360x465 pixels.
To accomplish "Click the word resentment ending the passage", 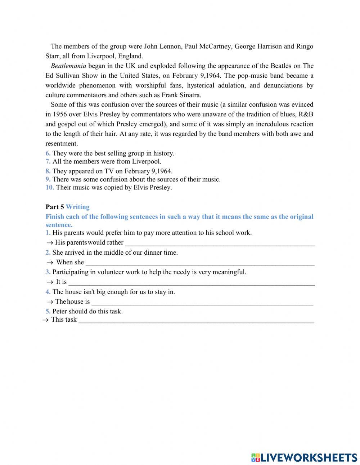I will tap(62, 144).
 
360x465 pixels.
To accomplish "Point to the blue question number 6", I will tap(48, 153).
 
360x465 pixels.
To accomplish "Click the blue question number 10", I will tap(50, 188).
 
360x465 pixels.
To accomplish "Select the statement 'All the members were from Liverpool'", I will tap(107, 162).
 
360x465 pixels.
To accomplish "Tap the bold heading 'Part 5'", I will tap(55, 207).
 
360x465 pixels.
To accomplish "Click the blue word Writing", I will tap(78, 207).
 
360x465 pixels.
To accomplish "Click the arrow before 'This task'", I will tap(45, 320).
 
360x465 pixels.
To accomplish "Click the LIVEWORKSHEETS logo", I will tap(304, 457).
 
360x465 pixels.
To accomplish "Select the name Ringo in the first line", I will tap(305, 46).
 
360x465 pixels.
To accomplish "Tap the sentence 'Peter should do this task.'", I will tap(87, 312).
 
